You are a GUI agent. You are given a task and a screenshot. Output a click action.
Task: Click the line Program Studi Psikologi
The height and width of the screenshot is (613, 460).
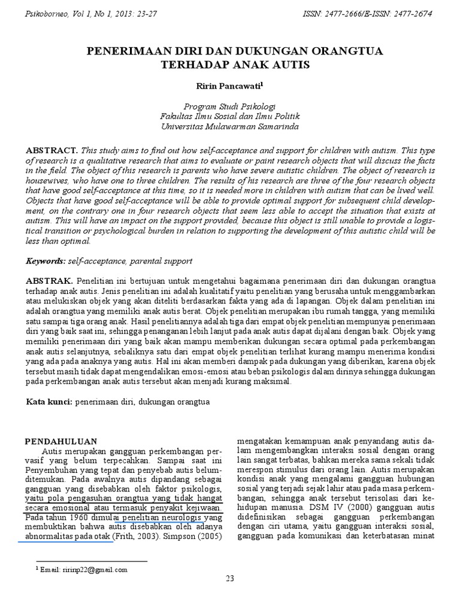(230, 105)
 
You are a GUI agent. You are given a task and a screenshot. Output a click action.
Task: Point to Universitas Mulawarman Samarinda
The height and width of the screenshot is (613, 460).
(230, 126)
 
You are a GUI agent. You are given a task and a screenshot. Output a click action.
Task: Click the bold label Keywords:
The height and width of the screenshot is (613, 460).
(46, 262)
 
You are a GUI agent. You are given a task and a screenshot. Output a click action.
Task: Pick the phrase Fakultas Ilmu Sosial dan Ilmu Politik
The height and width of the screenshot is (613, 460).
(230, 116)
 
